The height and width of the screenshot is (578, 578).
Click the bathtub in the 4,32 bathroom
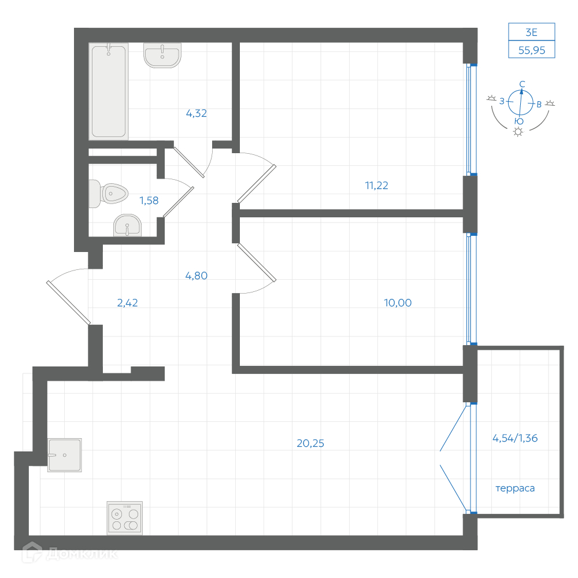(x=109, y=91)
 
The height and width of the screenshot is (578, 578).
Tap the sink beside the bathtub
(x=162, y=55)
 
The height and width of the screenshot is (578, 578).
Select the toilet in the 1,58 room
(x=109, y=194)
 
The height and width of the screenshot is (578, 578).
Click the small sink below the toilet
(x=127, y=225)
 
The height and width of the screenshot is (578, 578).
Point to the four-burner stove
(x=125, y=518)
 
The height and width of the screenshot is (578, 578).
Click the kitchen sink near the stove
(x=65, y=455)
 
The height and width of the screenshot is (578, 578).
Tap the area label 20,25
(x=310, y=443)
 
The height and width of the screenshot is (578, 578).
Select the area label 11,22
(x=376, y=186)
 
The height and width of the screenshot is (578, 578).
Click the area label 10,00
(x=398, y=303)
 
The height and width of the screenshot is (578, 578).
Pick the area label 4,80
(x=196, y=276)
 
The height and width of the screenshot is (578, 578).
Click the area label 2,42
(x=127, y=303)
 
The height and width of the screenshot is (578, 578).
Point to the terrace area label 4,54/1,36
(x=515, y=438)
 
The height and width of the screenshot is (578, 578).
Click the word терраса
(x=515, y=488)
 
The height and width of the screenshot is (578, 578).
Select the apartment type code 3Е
(x=531, y=32)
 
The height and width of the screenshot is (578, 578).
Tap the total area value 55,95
(x=532, y=50)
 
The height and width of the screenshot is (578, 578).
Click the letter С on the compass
(x=522, y=84)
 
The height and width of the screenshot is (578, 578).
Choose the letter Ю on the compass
(x=519, y=121)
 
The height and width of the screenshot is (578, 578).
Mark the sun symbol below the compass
(x=518, y=132)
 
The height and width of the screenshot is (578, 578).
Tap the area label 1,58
(x=149, y=201)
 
